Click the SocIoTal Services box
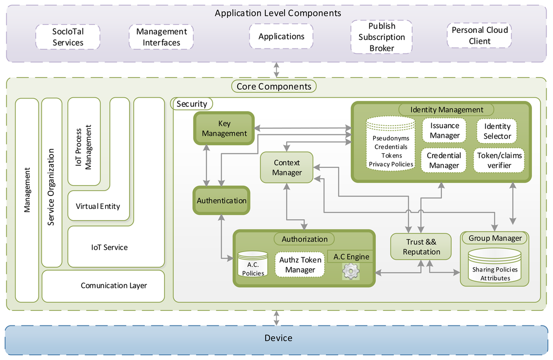click(68, 37)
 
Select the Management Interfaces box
click(161, 37)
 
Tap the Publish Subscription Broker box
click(382, 37)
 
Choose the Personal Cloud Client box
click(480, 35)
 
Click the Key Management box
click(224, 128)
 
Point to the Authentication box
click(221, 200)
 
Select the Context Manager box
click(287, 167)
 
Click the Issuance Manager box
click(444, 131)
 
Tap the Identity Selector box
click(497, 131)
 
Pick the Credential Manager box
click(444, 160)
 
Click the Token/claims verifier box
click(499, 160)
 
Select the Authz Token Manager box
click(300, 264)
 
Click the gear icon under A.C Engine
click(350, 271)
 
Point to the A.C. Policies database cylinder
click(253, 264)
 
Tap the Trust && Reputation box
click(421, 247)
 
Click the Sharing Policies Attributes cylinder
click(495, 266)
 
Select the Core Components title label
click(274, 86)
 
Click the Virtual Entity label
click(98, 206)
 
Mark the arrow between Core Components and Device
click(276, 318)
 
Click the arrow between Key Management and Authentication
click(207, 165)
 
